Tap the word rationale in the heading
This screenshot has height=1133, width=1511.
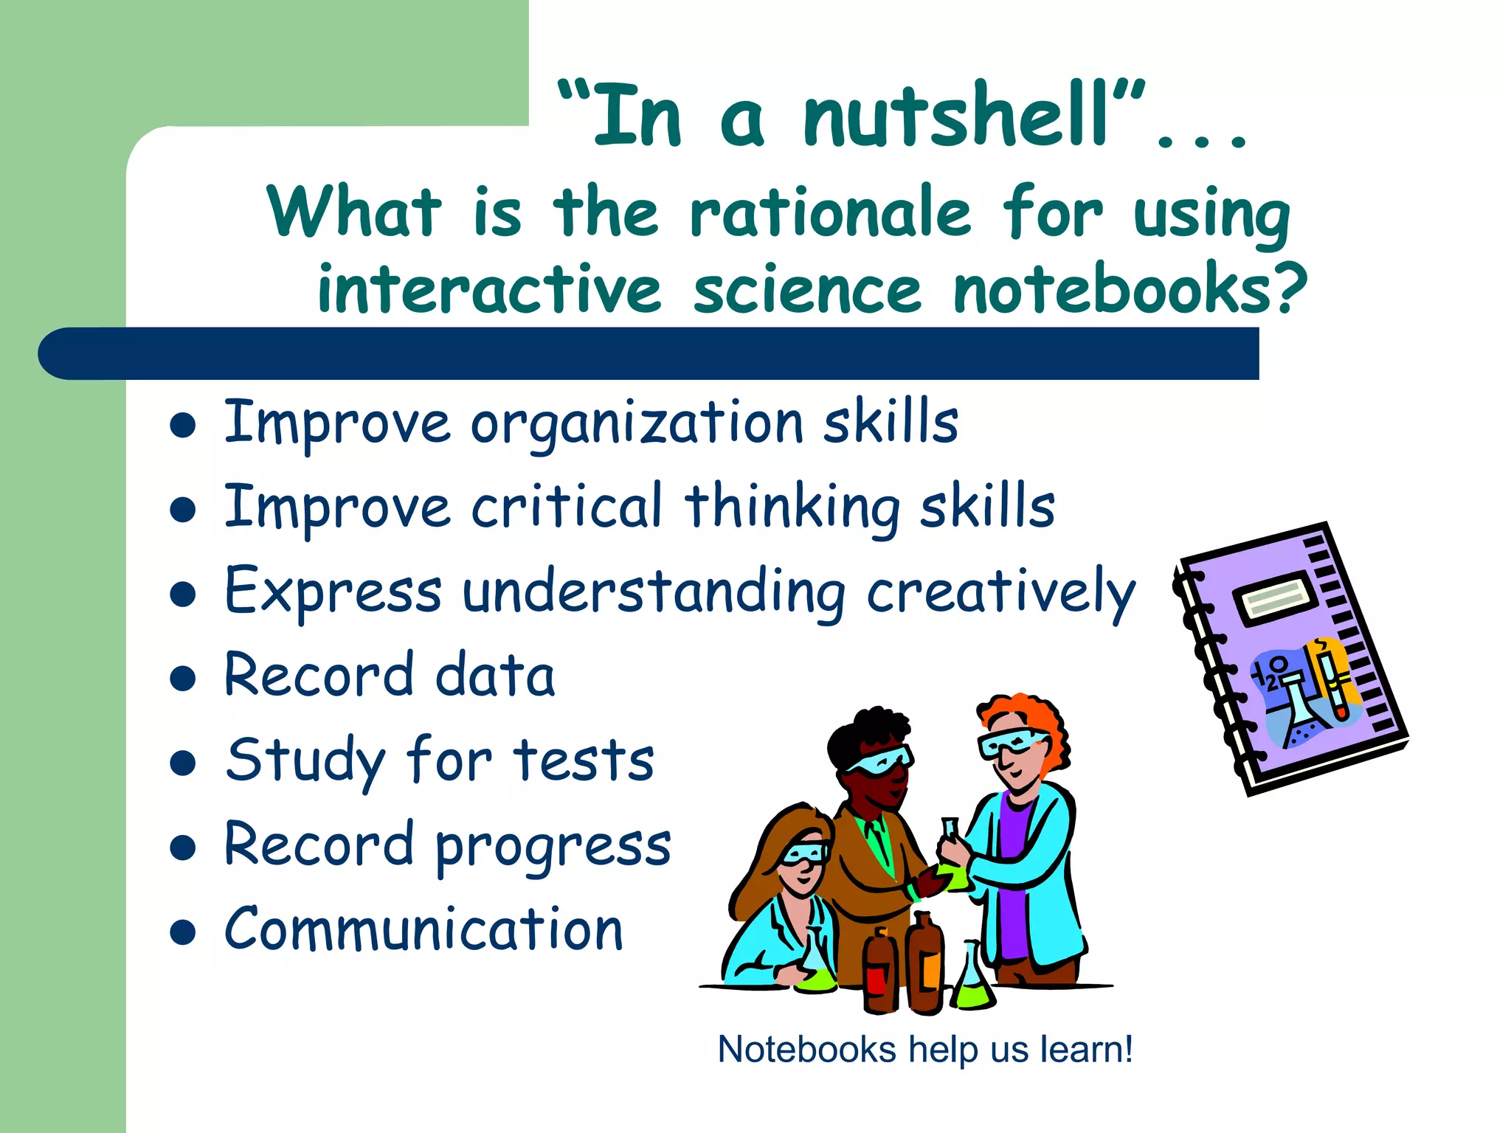click(x=831, y=213)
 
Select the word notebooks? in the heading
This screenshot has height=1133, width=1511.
click(x=1130, y=290)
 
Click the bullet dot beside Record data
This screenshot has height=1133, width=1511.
click(x=182, y=678)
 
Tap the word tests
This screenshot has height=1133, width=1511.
click(x=584, y=760)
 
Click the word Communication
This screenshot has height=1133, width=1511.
click(x=424, y=929)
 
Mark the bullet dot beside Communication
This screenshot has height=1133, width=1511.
click(x=182, y=932)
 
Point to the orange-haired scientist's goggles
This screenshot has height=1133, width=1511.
click(x=1012, y=741)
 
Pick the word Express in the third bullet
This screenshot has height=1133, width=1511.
click(x=333, y=592)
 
